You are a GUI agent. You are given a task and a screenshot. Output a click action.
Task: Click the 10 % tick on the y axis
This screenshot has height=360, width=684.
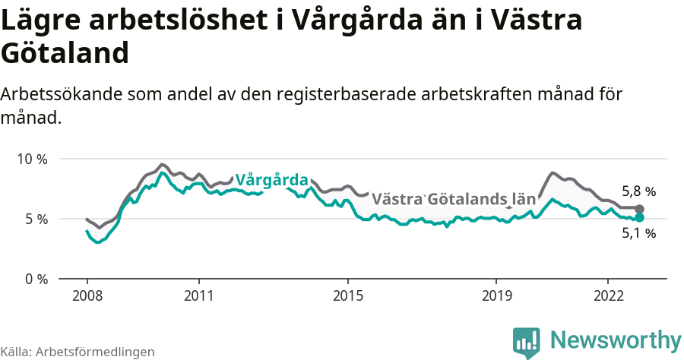33,159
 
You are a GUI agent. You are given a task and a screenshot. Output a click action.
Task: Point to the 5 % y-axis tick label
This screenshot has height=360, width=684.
36,219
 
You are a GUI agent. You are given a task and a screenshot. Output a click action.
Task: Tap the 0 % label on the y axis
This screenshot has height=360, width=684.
36,279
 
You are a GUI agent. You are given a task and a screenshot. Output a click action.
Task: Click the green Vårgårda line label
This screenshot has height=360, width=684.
271,180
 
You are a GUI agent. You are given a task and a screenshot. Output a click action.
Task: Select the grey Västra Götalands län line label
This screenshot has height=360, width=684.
454,200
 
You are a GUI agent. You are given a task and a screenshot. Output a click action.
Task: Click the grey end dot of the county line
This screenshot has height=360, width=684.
640,209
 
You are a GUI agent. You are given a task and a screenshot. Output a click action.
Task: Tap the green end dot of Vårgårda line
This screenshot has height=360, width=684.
640,217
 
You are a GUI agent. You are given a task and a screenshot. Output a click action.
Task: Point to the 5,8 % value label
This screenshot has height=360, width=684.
638,192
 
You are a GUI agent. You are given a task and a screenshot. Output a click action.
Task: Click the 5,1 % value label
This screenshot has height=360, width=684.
638,234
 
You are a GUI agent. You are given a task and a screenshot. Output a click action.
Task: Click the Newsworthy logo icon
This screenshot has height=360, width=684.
527,342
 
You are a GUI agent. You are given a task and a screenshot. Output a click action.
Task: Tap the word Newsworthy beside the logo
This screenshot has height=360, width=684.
616,340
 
